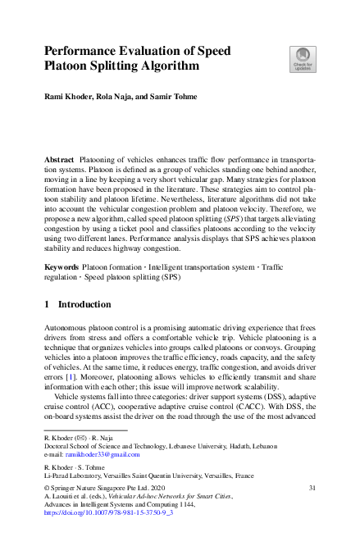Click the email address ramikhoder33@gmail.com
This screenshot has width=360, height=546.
[x=104, y=453]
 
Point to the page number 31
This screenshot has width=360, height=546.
[x=312, y=488]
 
